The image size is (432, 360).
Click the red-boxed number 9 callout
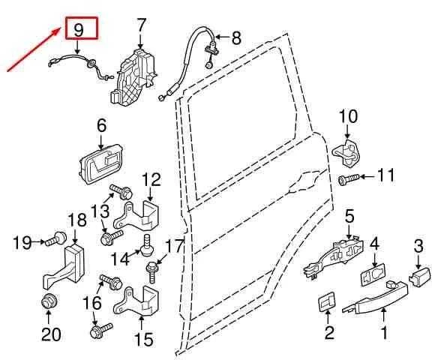[x=81, y=28]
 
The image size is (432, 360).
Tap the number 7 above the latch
[x=141, y=26]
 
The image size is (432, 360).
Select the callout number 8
[x=236, y=37]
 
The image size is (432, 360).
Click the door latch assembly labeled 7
[x=134, y=77]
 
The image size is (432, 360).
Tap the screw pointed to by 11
[x=349, y=179]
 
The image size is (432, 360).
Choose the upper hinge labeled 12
[x=137, y=217]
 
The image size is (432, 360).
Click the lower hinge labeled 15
[x=137, y=302]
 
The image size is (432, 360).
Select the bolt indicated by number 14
[x=146, y=244]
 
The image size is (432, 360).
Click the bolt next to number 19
[x=56, y=238]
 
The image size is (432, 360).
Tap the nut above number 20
[x=49, y=301]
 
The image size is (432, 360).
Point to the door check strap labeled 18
[x=64, y=267]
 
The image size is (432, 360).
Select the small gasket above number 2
[x=327, y=301]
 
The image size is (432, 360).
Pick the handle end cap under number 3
[x=419, y=277]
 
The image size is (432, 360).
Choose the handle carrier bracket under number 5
[x=334, y=257]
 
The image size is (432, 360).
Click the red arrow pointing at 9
[x=33, y=49]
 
